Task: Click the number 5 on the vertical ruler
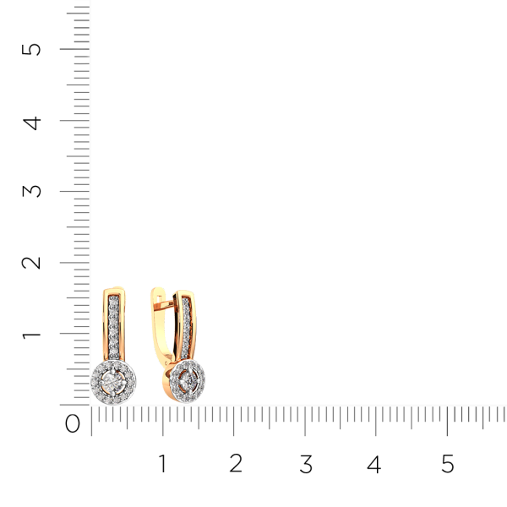(31, 50)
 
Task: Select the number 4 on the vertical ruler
(32, 123)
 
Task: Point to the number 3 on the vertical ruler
(31, 191)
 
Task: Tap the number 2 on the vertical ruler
(31, 263)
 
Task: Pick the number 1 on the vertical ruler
(31, 335)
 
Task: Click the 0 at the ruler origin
(73, 423)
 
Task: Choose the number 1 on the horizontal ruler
(162, 463)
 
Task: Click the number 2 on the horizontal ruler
(236, 463)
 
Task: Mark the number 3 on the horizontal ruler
(306, 464)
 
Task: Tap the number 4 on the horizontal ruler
(374, 464)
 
